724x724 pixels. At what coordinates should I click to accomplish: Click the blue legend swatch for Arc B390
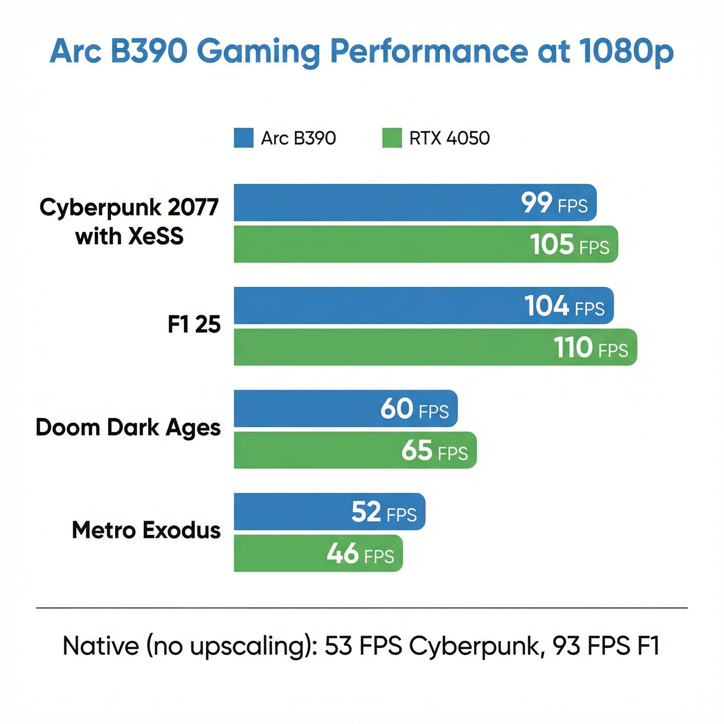point(244,138)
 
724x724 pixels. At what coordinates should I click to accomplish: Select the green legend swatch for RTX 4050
point(392,138)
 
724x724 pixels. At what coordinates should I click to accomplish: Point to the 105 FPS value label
point(569,245)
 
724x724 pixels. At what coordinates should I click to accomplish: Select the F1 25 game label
point(194,325)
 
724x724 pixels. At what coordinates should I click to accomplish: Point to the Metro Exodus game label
point(146,530)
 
